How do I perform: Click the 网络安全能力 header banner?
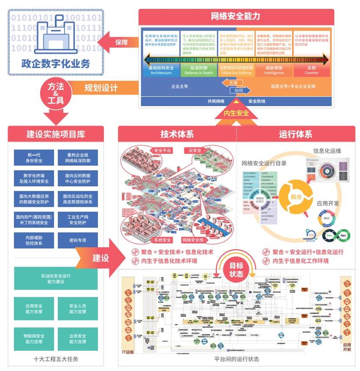coord(236,16)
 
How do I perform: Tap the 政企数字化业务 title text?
coord(56,63)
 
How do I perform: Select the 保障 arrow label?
coord(121,42)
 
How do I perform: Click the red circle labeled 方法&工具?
coord(53,91)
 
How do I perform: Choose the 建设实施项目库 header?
coord(56,134)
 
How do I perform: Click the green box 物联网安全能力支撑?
coord(34,338)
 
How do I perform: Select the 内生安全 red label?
coord(236,113)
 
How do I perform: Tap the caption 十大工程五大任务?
coord(56,359)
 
